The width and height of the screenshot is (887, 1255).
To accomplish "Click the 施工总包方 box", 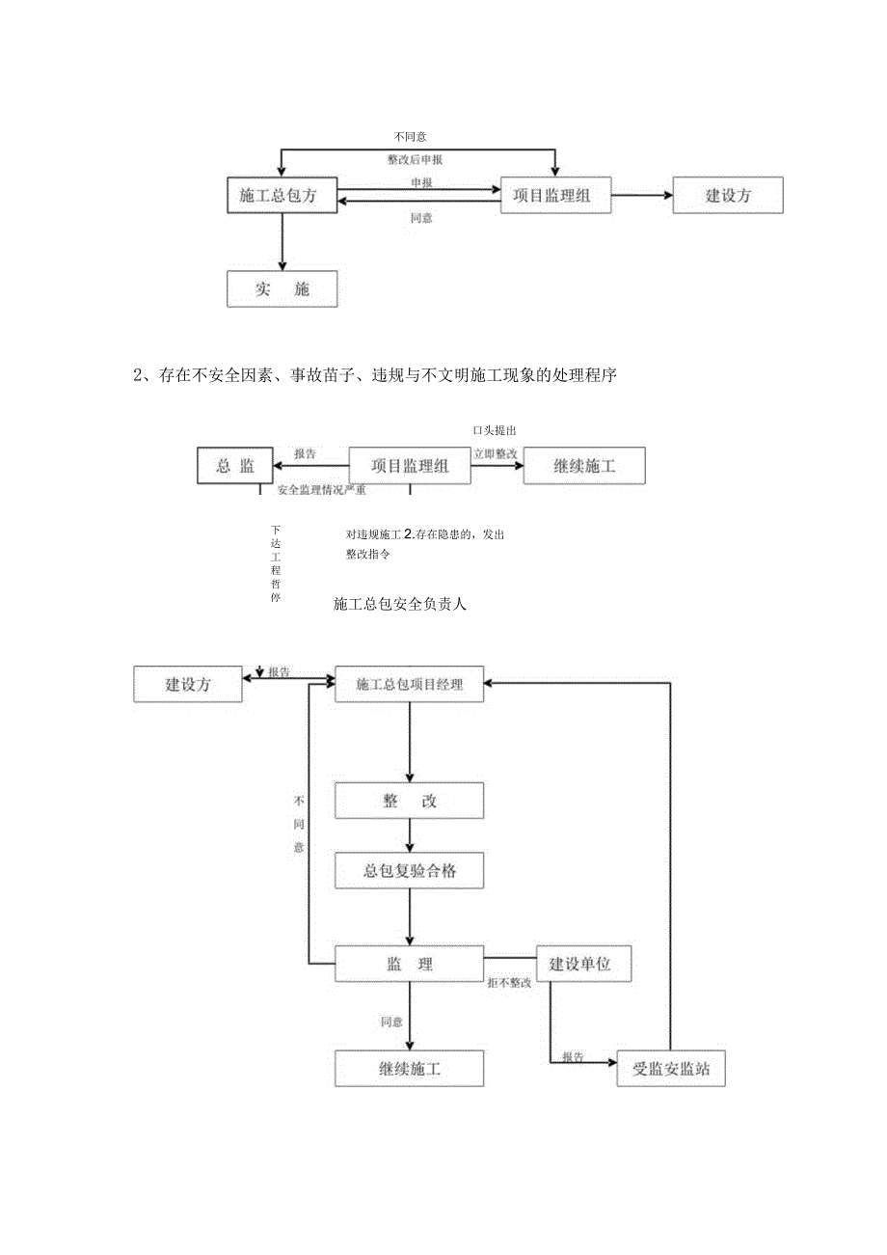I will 282,196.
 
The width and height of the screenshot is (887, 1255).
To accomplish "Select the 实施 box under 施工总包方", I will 282,288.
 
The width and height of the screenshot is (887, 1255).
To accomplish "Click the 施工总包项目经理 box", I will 409,685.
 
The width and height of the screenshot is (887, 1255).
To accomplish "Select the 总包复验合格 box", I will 409,870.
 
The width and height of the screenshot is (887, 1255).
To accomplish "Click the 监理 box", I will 409,964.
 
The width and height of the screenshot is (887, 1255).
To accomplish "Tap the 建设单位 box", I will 583,964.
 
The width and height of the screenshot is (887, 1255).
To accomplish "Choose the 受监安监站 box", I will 670,1069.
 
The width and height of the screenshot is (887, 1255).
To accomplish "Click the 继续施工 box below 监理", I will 409,1069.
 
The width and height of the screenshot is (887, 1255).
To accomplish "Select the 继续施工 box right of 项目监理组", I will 584,466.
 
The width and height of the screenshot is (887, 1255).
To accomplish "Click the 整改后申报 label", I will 415,159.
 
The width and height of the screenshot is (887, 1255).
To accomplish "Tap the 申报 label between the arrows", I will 421,182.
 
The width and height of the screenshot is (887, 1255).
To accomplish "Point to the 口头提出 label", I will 500,430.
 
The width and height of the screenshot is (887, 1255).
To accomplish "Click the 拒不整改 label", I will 509,983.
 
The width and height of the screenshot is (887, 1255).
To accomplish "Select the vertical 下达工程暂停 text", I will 276,563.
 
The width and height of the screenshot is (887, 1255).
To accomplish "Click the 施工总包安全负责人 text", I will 400,605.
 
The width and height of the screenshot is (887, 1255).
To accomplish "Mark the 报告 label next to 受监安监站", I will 573,1056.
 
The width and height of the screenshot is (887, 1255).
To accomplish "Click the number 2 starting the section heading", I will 137,376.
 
